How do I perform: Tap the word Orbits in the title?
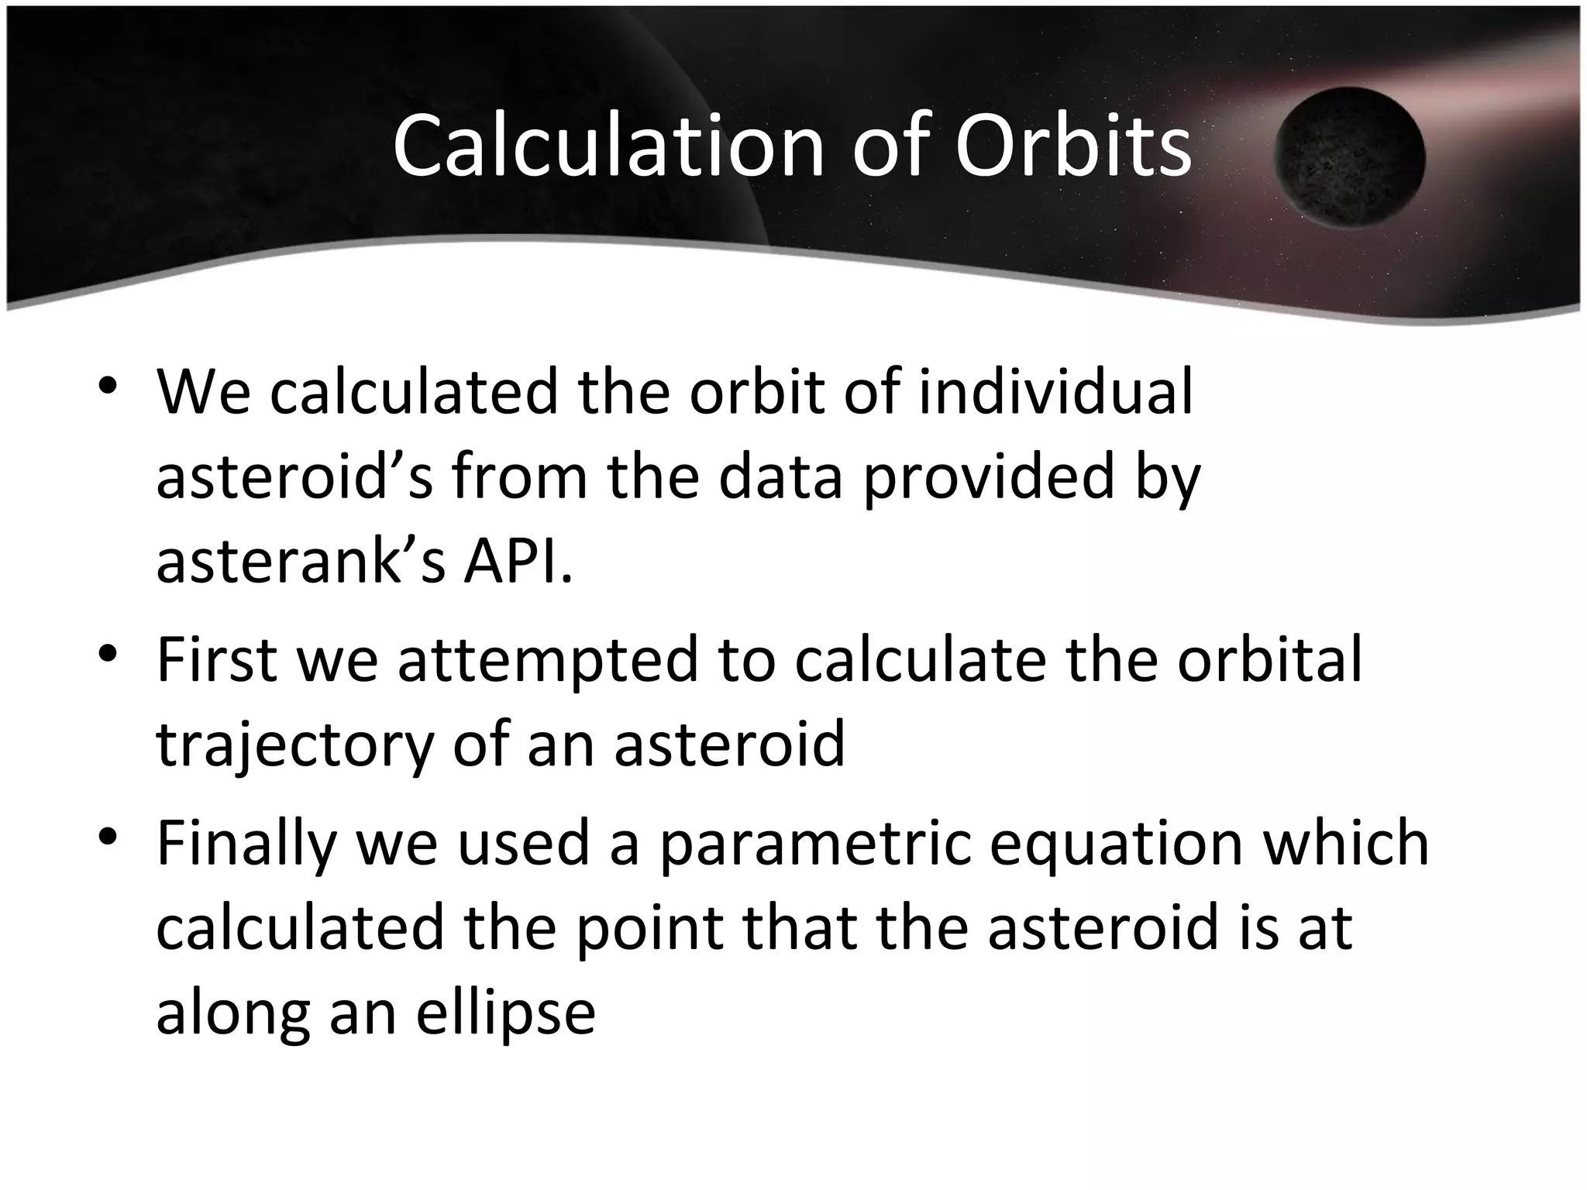click(1072, 146)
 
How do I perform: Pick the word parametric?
click(814, 844)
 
